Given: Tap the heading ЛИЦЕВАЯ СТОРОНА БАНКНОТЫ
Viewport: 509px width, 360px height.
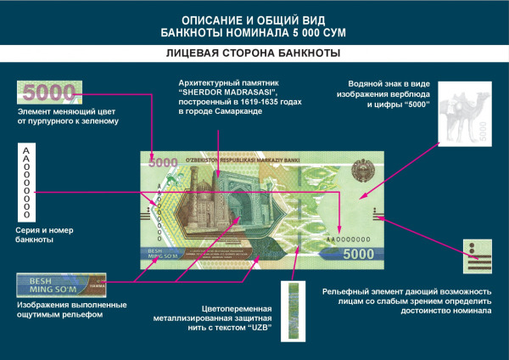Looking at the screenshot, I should (255, 53).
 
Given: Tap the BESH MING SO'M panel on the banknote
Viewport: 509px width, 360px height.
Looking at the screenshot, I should (159, 254).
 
